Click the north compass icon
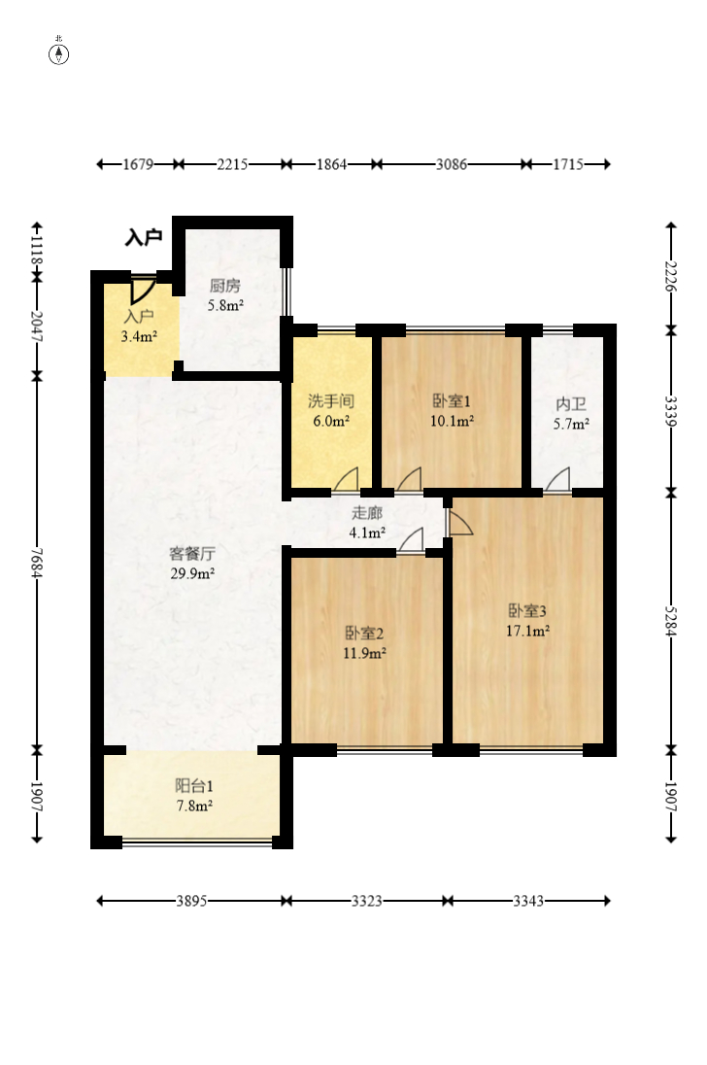click(x=59, y=53)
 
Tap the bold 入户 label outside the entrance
click(x=143, y=238)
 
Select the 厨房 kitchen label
click(x=224, y=286)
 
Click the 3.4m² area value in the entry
click(x=139, y=336)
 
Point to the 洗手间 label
click(x=330, y=401)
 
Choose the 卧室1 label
click(x=452, y=401)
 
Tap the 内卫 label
click(x=571, y=405)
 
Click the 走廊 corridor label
click(x=367, y=513)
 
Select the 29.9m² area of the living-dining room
click(x=192, y=573)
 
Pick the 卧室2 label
click(x=364, y=634)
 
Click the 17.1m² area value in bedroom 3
click(x=527, y=631)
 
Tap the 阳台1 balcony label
click(x=194, y=786)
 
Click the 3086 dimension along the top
click(x=452, y=164)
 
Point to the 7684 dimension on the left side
click(x=37, y=563)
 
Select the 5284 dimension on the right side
click(x=671, y=621)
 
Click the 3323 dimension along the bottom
click(x=366, y=901)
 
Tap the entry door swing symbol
click(x=142, y=290)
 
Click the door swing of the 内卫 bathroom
click(x=558, y=479)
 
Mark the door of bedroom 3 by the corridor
click(x=459, y=523)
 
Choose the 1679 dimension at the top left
click(x=138, y=164)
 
